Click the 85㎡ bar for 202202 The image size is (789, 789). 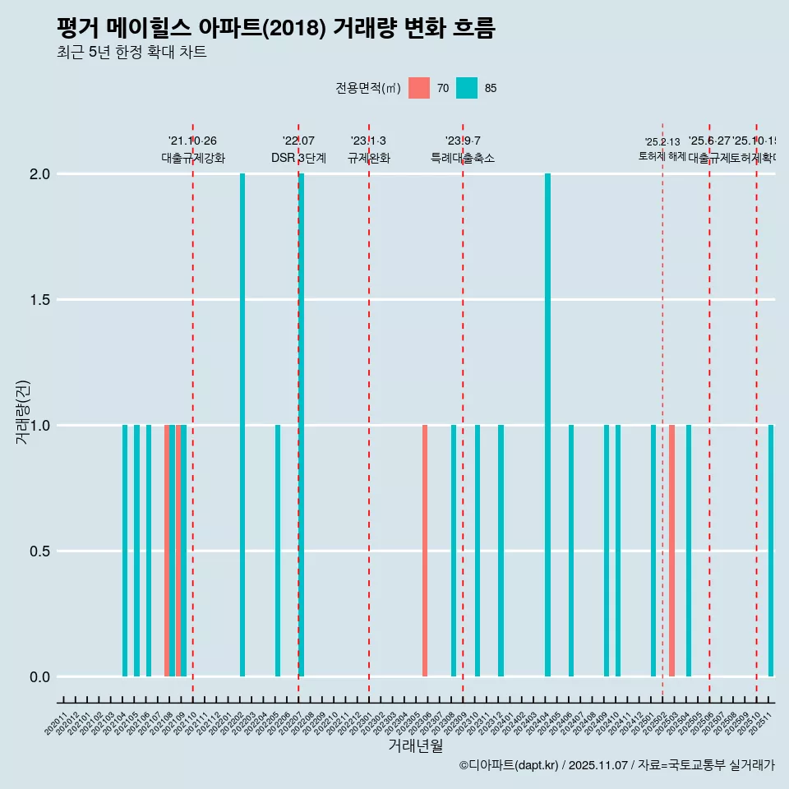coord(242,425)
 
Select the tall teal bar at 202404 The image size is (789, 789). coord(547,425)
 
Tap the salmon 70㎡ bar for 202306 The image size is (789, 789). coord(425,551)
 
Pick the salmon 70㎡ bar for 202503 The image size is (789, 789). coord(671,551)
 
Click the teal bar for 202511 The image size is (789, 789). coord(771,551)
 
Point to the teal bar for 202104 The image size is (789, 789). coord(125,551)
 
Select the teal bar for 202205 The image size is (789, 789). coord(278,551)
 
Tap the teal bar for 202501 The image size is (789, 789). coord(653,551)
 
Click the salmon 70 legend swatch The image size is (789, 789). coord(419,88)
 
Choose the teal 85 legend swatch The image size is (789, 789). coord(467,88)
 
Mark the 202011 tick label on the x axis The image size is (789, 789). coord(56,727)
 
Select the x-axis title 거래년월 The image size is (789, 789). coord(415,746)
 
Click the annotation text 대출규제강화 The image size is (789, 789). coord(192,159)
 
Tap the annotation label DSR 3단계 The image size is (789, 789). coord(298,159)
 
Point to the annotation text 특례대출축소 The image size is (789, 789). coord(463,159)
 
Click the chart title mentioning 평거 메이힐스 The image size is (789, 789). coord(275,28)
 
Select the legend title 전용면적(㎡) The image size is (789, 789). coord(367,88)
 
